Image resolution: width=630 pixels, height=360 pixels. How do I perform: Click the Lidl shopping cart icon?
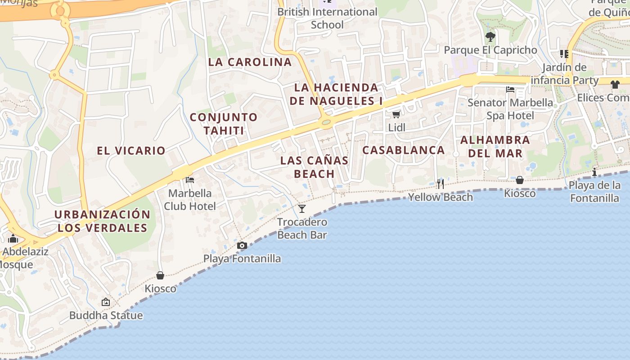[x=396, y=115]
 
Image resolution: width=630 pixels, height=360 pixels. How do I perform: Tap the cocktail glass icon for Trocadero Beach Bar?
[x=302, y=209]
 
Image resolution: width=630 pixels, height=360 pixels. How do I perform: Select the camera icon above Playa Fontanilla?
[x=242, y=246]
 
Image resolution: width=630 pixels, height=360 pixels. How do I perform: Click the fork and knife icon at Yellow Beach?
[x=440, y=184]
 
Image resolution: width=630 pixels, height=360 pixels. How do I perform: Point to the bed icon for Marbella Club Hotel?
[x=190, y=180]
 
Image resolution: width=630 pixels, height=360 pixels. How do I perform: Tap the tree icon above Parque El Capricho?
[x=490, y=37]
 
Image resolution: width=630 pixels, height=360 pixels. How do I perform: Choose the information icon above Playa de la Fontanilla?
[x=594, y=172]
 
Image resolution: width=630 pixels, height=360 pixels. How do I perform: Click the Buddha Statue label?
[x=106, y=315]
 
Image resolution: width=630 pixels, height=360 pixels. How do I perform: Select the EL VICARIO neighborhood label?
[x=131, y=151]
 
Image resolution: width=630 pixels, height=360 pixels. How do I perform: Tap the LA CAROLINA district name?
[x=250, y=62]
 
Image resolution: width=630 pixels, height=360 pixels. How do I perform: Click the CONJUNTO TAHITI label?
[x=224, y=124]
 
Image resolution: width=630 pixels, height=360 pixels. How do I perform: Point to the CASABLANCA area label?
[x=404, y=150]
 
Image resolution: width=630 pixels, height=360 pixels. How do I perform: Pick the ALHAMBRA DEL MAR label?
[x=495, y=147]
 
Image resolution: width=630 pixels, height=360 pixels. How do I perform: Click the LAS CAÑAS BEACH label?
[x=314, y=167]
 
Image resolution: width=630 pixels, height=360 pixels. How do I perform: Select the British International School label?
[x=327, y=18]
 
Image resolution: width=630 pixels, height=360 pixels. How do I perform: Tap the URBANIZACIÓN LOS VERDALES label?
[x=103, y=221]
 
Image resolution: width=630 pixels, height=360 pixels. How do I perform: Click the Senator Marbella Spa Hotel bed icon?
[x=510, y=90]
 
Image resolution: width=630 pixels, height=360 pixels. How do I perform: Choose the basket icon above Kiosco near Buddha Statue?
[x=160, y=275]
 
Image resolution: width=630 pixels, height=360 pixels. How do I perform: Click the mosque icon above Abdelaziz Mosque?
[x=13, y=238]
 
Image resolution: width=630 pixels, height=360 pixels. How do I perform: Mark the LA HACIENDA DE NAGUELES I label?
[x=336, y=94]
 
